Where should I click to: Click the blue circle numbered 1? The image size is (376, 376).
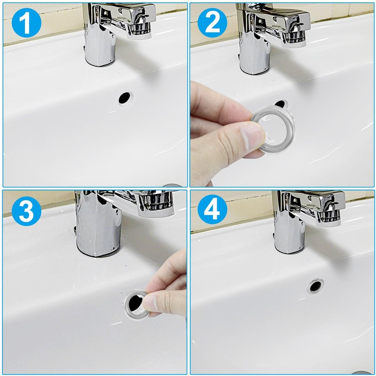[26, 23]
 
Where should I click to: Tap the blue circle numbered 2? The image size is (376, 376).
[212, 23]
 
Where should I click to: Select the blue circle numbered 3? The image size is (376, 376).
[26, 211]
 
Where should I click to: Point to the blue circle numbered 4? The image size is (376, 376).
[212, 209]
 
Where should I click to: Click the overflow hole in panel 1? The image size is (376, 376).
[125, 98]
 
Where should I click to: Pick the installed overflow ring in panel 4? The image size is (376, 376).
[315, 286]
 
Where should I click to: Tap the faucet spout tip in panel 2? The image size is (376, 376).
[295, 39]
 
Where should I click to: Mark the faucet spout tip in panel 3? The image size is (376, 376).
[156, 206]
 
